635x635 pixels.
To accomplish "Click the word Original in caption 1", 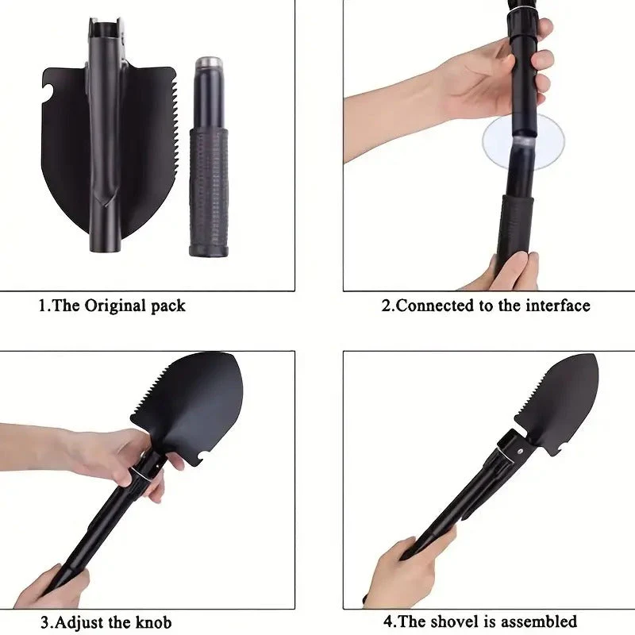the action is pos(115,306).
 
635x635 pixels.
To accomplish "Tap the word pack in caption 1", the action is pos(168,306).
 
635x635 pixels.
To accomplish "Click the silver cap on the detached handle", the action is pos(209,63).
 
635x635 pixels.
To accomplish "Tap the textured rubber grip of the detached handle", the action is pos(209,191).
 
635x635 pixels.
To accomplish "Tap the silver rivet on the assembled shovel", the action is pos(521,451).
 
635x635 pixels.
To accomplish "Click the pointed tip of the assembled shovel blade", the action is pos(595,356).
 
